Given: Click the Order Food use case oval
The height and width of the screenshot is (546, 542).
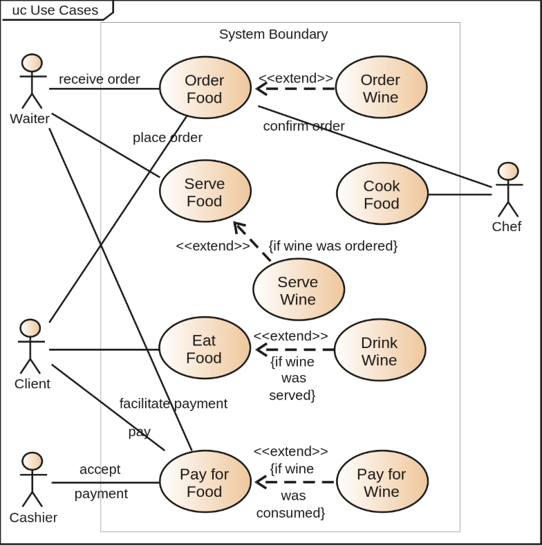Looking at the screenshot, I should coord(205,88).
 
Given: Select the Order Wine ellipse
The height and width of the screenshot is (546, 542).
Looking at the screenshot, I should coord(380,88).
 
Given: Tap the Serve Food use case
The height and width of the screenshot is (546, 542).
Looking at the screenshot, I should coord(205,192).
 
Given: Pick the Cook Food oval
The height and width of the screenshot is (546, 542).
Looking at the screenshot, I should coord(382,194).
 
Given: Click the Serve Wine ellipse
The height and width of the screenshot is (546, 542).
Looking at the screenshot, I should coord(298,290).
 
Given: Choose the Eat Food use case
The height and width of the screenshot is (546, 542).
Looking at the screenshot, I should coord(204,348).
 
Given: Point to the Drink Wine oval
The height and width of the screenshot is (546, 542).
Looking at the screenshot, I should coord(379,350).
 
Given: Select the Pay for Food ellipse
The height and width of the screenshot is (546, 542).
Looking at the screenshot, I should coord(205,482).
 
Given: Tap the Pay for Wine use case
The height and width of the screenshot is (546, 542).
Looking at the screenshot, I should coord(382,482).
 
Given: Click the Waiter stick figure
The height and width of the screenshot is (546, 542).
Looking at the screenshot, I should coord(31,82).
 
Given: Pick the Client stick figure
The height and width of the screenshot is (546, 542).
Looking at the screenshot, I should coord(30,347).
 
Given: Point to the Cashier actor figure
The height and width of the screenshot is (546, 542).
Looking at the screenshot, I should coord(32,480).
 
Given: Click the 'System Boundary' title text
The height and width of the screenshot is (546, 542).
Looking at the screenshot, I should coord(273,34).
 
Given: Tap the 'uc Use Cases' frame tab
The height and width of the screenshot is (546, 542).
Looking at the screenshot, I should coord(55,10).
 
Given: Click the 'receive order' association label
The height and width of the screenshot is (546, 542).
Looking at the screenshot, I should coord(99,79).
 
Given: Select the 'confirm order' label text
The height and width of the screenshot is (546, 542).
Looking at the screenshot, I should coord(303,126).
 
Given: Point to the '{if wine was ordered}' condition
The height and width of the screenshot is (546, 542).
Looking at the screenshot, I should coord(333,246).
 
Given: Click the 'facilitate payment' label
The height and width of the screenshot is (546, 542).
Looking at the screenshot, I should coord(173,403).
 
